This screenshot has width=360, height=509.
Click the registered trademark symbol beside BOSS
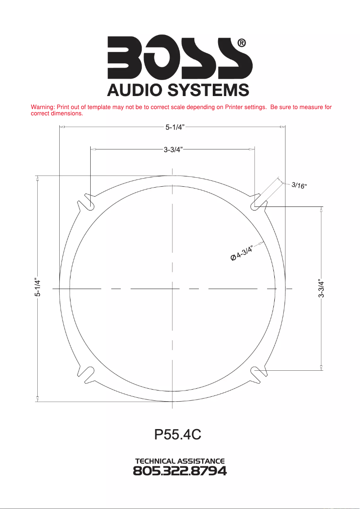(x=241, y=43)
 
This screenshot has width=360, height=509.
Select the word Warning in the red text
(x=42, y=107)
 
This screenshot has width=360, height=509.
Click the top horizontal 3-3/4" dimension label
(x=172, y=149)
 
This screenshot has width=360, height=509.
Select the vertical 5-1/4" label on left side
(x=38, y=287)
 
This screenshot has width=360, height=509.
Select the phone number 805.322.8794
(x=180, y=471)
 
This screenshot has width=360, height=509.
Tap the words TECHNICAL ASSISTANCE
(x=180, y=461)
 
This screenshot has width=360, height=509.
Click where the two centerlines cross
(x=173, y=289)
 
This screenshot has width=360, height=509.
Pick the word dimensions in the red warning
(x=67, y=114)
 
